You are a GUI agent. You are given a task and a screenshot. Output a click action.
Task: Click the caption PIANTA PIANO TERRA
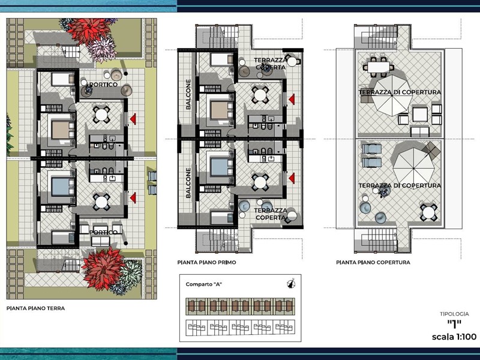(35, 308)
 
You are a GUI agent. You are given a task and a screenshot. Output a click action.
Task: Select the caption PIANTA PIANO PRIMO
(206, 262)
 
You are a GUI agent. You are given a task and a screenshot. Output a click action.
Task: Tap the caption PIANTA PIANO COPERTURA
(373, 262)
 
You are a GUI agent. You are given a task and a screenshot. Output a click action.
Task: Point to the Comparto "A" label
(203, 284)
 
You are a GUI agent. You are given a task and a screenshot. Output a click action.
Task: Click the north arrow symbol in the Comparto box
(291, 283)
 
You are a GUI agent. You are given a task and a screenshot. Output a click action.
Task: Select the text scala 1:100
(454, 337)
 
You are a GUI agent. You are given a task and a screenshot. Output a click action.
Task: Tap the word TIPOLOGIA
(454, 314)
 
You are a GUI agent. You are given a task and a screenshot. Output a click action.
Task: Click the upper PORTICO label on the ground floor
(103, 85)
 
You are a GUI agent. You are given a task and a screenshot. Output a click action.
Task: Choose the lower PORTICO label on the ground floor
(103, 232)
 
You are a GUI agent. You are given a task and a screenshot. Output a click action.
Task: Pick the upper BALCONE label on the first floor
(188, 94)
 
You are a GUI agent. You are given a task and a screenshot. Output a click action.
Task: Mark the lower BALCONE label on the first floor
(188, 182)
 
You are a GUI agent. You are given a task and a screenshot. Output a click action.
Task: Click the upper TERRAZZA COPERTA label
(271, 64)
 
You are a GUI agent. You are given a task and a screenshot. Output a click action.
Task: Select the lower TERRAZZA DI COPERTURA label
(400, 185)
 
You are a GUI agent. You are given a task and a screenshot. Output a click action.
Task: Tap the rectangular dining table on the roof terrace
(379, 67)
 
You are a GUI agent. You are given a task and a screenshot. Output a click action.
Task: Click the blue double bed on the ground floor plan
(62, 187)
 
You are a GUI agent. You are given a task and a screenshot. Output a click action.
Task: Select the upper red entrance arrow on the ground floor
(133, 119)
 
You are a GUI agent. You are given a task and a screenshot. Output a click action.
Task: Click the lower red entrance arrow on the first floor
(292, 178)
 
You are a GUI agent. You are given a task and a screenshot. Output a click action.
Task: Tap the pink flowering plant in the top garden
(102, 49)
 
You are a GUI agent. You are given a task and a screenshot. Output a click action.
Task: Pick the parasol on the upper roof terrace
(392, 95)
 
